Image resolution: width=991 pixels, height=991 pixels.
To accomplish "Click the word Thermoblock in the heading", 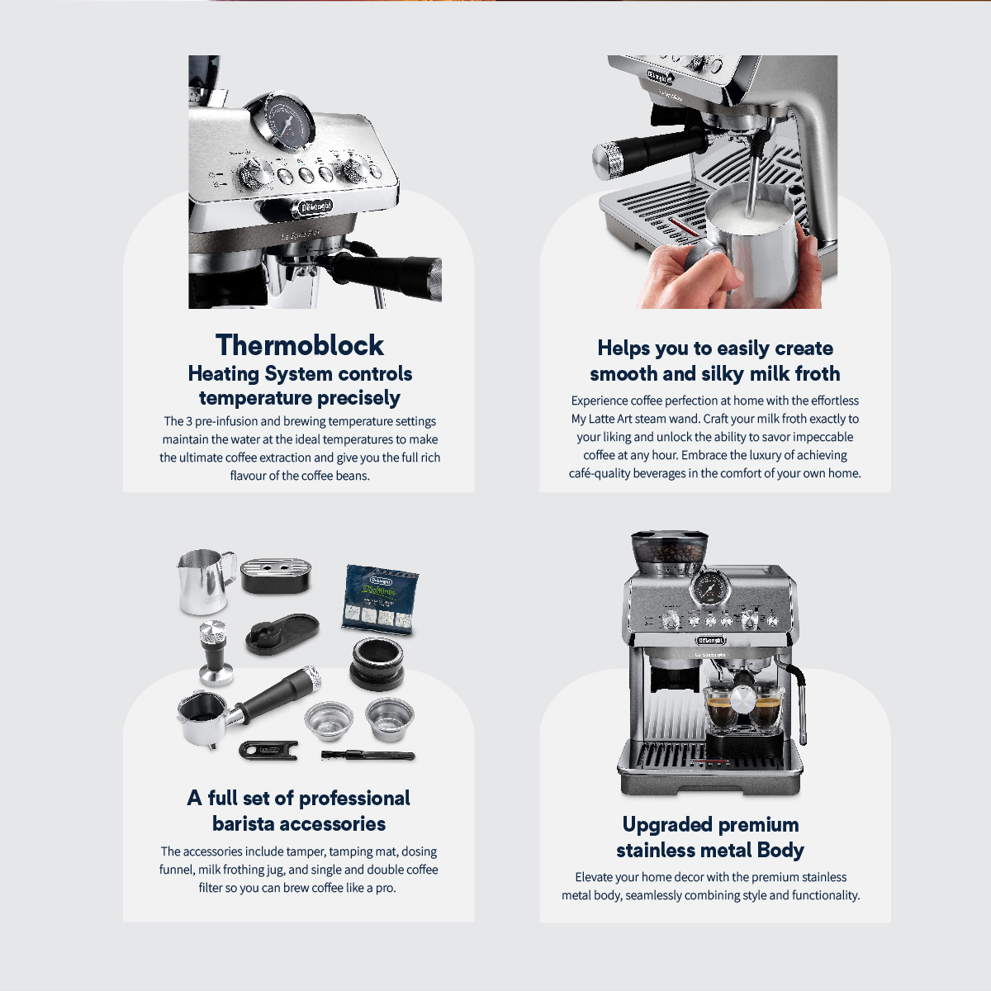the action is [299, 344].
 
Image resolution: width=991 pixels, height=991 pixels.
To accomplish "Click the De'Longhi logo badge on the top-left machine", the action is [315, 206].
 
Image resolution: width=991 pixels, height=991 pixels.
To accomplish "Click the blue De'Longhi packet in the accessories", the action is [381, 599].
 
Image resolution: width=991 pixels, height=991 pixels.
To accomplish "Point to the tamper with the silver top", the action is [216, 653].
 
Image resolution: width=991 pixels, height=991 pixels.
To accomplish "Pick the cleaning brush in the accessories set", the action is [367, 756].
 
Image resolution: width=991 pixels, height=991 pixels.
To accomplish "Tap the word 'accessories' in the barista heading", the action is [334, 824].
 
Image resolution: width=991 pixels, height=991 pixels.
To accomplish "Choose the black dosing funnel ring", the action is [377, 663].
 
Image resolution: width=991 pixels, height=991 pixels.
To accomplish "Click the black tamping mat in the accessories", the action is [282, 633].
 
